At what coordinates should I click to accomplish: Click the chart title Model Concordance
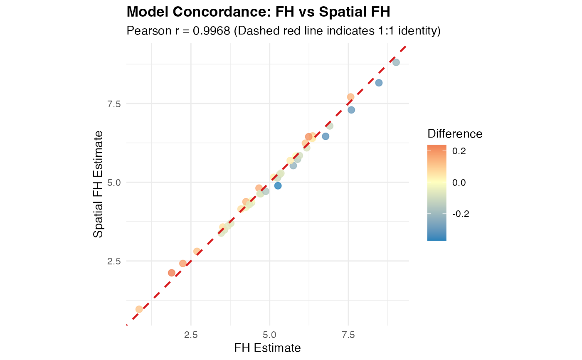[x=200, y=12]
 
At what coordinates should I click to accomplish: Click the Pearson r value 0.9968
[x=212, y=31]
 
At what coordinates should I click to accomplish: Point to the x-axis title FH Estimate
[x=267, y=348]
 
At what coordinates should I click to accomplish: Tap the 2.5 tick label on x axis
[x=191, y=335]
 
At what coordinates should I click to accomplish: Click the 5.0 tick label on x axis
[x=269, y=335]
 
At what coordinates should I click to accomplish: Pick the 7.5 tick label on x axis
[x=348, y=335]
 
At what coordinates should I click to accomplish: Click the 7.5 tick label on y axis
[x=114, y=104]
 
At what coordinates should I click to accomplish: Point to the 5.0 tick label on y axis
[x=114, y=182]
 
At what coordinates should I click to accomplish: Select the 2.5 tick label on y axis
[x=114, y=261]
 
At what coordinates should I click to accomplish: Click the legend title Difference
[x=455, y=134]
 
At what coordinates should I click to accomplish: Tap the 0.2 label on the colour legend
[x=459, y=151]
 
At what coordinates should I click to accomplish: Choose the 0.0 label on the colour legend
[x=459, y=182]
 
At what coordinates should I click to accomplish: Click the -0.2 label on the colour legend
[x=461, y=214]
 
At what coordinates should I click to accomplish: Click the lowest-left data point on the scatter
[x=139, y=309]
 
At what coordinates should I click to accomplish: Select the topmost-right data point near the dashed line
[x=396, y=62]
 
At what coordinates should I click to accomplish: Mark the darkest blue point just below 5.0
[x=278, y=186]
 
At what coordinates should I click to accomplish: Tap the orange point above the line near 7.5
[x=350, y=97]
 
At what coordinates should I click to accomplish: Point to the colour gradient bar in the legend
[x=437, y=193]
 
